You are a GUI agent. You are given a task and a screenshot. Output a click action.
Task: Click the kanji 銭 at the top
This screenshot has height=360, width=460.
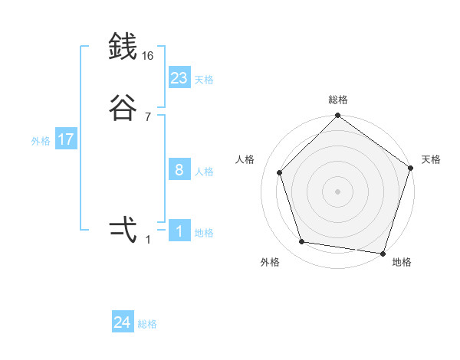click(x=123, y=47)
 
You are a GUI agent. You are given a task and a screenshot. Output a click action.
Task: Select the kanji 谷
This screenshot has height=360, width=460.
click(x=123, y=108)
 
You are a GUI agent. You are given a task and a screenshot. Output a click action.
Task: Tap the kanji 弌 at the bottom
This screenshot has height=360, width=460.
click(x=123, y=231)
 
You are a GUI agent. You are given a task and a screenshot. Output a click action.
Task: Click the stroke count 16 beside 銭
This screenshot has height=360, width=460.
click(x=148, y=56)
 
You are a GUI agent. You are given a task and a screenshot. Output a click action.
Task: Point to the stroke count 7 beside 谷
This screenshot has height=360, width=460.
click(x=148, y=117)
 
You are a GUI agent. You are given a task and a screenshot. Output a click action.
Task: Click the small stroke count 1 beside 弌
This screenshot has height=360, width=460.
click(x=148, y=240)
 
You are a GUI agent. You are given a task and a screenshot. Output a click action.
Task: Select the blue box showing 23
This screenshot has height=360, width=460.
click(x=179, y=78)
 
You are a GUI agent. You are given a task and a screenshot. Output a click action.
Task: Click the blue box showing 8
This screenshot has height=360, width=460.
click(x=179, y=170)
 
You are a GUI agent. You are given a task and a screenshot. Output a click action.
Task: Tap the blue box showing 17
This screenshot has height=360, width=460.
click(x=66, y=140)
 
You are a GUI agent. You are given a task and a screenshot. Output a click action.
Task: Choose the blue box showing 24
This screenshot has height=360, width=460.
click(x=123, y=323)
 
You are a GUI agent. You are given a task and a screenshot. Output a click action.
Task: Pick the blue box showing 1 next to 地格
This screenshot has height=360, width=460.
click(x=179, y=231)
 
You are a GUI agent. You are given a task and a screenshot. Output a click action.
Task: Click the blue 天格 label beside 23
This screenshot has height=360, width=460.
click(x=204, y=80)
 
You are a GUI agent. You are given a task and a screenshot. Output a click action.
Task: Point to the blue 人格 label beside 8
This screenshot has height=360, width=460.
click(x=204, y=172)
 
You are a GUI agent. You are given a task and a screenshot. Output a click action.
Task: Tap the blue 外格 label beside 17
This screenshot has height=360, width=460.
click(x=41, y=141)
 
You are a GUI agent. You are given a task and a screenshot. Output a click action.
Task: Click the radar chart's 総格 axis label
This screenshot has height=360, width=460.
click(x=337, y=100)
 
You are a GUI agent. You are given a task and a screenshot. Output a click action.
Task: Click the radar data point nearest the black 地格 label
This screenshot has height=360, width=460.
click(x=383, y=253)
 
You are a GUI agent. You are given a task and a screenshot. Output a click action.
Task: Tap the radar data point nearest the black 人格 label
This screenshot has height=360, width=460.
click(x=280, y=172)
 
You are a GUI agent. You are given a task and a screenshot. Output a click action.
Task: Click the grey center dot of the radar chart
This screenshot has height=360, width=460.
click(x=337, y=191)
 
